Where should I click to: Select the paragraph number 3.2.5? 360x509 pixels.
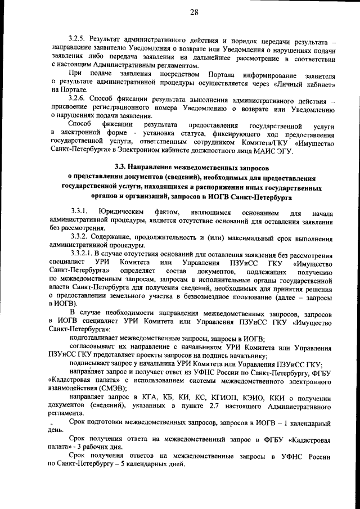pos(78,41)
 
